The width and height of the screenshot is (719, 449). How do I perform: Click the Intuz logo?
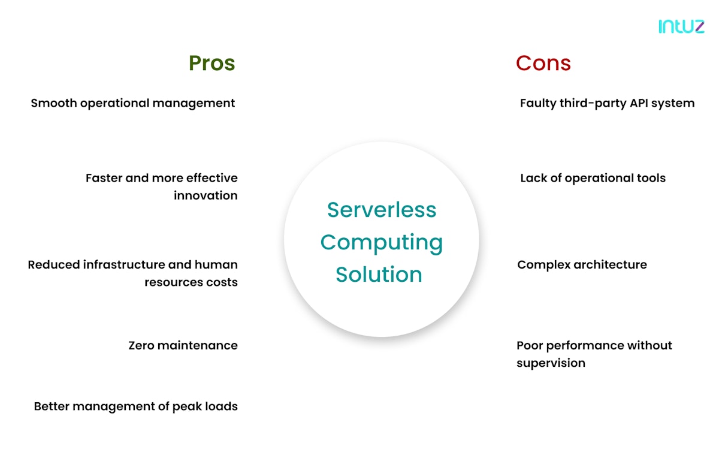681,26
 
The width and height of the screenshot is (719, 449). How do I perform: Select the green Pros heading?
212,63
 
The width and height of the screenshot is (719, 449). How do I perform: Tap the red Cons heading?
543,63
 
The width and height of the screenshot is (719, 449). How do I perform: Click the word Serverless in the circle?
382,210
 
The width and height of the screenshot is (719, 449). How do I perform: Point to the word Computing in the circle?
382,242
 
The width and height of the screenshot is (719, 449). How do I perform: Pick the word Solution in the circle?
379,275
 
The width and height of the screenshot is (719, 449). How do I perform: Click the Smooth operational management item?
133,103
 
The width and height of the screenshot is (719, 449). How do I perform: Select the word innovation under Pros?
206,195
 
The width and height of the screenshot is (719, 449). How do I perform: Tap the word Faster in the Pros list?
103,178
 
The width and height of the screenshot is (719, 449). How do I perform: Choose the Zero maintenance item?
183,345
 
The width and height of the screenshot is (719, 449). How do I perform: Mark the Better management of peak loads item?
136,406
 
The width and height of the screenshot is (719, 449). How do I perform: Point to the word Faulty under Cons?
537,103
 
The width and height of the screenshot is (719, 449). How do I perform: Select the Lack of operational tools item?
593,178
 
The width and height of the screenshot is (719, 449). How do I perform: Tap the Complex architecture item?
582,264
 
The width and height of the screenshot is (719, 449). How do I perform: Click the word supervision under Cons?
551,363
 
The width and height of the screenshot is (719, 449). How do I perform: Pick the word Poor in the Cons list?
530,345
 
